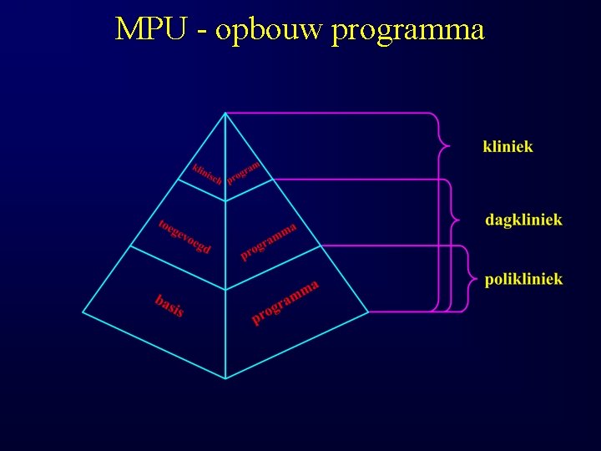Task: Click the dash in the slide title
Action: click(203, 32)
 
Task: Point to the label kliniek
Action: click(508, 146)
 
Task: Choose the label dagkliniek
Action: click(523, 220)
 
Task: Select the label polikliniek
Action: click(523, 279)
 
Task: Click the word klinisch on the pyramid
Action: click(206, 173)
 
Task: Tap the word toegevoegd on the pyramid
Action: click(184, 236)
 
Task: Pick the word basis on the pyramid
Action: click(169, 305)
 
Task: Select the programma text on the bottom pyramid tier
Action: click(285, 302)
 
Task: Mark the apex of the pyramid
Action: click(225, 114)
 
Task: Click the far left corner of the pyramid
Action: click(83, 312)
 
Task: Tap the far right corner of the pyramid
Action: click(369, 312)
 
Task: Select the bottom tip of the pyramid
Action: click(225, 378)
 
